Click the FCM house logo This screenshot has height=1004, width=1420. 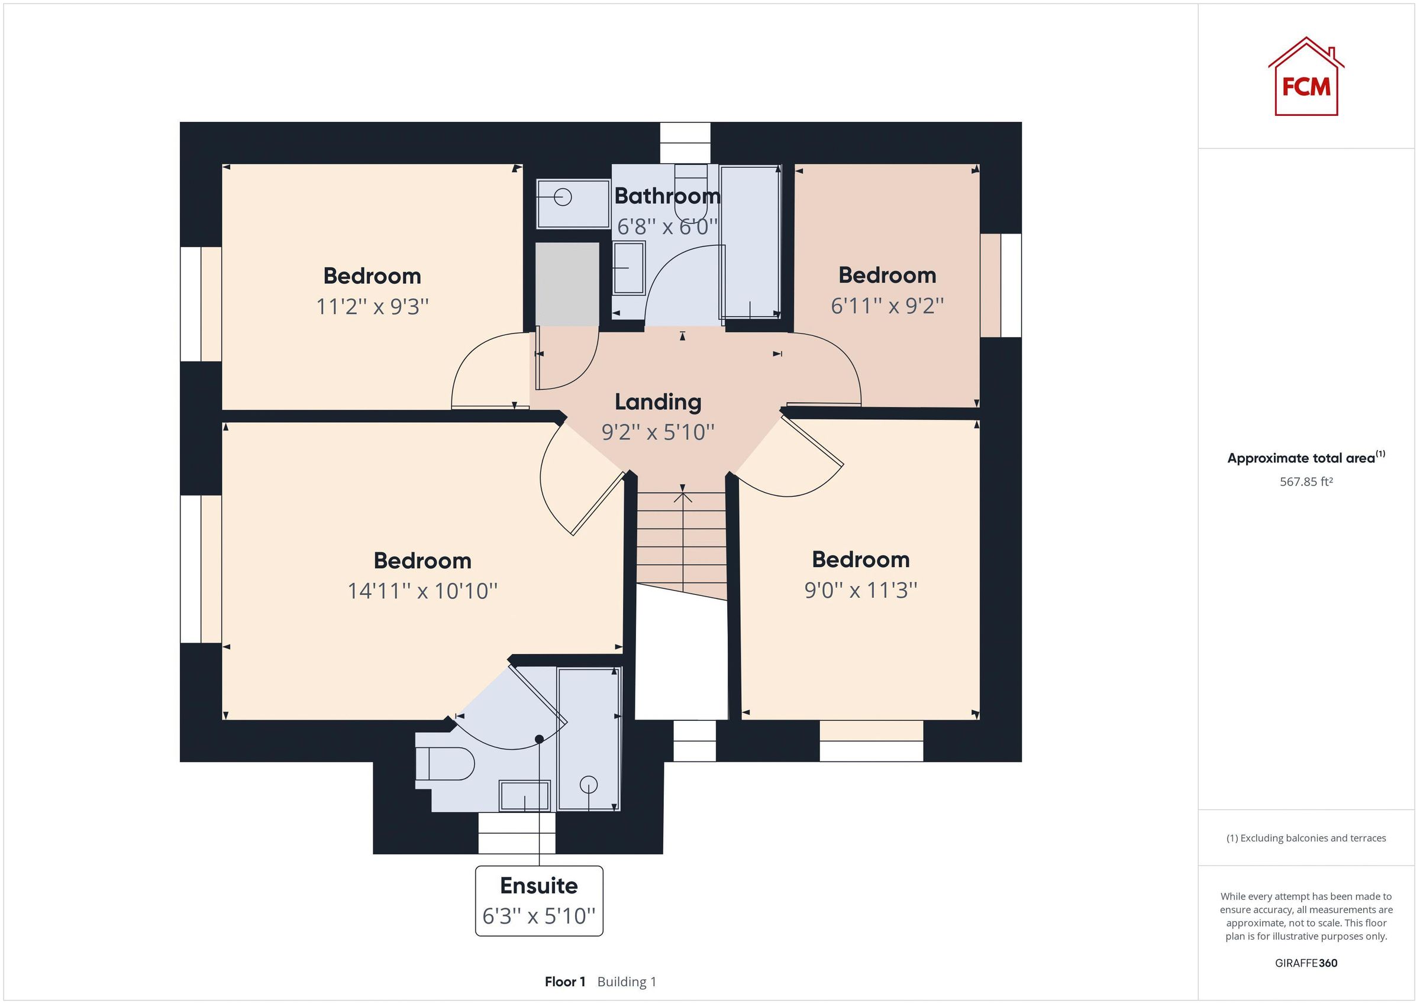[1306, 79]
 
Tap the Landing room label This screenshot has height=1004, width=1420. [657, 403]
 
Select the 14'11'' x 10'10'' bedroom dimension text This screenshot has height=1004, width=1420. [422, 591]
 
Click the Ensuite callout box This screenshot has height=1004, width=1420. [538, 900]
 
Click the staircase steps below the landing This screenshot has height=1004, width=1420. [682, 544]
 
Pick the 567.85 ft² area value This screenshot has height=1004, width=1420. [1306, 481]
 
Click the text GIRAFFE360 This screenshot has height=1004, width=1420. [1306, 963]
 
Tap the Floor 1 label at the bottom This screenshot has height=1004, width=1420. [564, 982]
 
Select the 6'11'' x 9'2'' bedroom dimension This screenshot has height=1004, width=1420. [887, 306]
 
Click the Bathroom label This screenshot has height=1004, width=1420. [667, 196]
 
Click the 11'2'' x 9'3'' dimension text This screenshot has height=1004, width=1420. [372, 307]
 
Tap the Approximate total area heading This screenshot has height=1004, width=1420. [1306, 458]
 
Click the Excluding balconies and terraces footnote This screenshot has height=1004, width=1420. [1306, 838]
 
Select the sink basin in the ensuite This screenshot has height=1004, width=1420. [524, 795]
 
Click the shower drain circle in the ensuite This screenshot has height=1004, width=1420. [588, 785]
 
